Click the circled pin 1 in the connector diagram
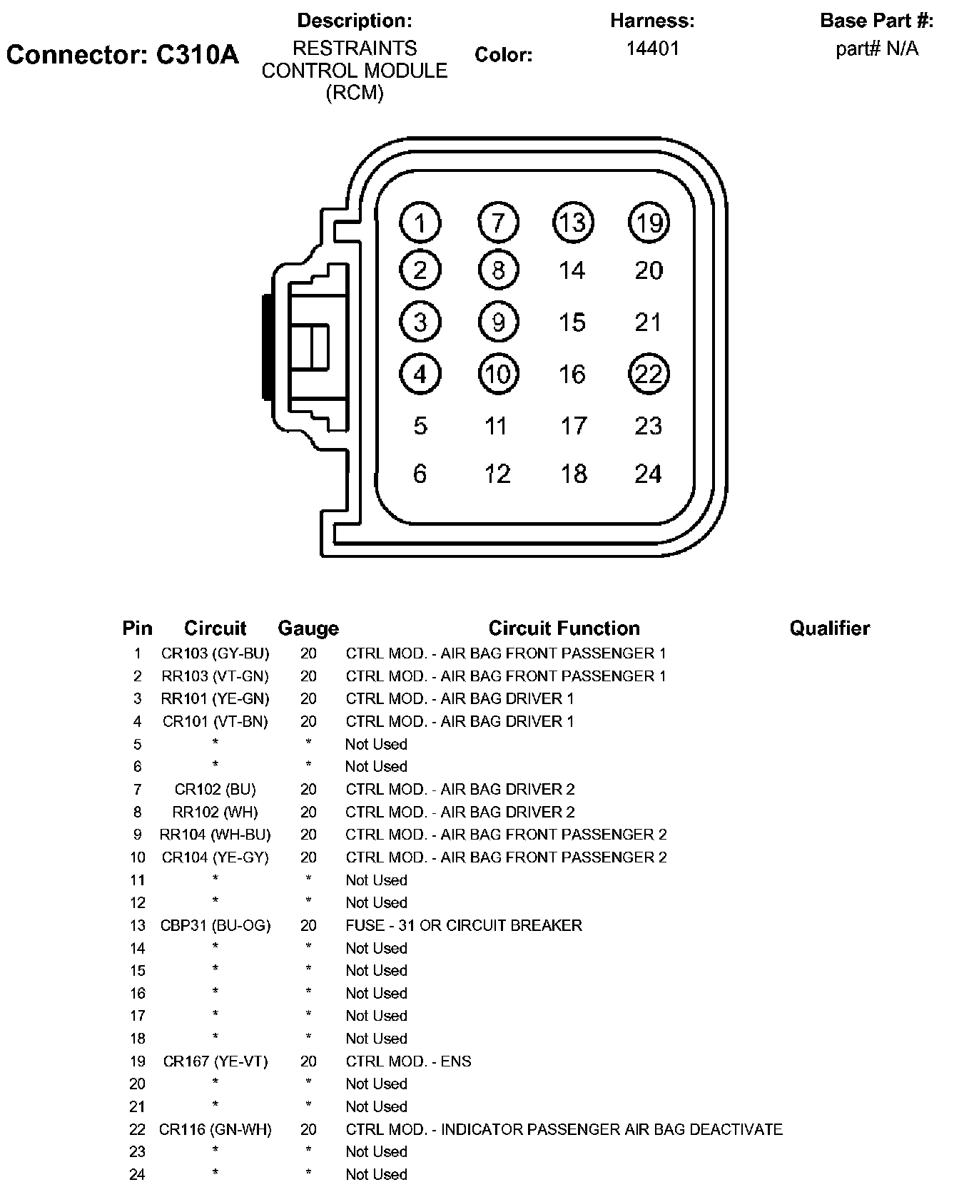420,223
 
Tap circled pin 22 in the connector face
649,374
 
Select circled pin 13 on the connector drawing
573,223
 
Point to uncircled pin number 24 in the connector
648,474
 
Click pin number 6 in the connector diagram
420,474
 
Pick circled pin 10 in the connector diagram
498,374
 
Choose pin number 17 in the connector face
573,426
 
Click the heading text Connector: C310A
123,54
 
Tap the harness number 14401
652,49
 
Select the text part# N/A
877,49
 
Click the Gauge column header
308,628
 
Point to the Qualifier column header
829,628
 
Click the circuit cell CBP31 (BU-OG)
215,925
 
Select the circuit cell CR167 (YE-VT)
215,1061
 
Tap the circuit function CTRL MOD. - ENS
409,1061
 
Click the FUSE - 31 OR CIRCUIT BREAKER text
464,925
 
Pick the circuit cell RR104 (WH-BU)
215,835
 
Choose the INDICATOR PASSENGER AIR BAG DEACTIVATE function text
612,1129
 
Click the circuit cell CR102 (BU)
215,789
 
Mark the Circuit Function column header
564,628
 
